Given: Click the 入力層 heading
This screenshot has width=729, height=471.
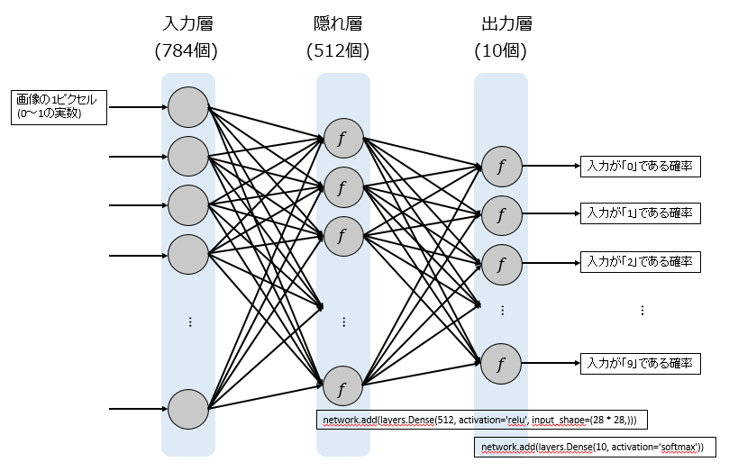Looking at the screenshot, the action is click(x=187, y=23).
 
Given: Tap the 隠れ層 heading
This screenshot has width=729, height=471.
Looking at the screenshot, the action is click(x=338, y=23).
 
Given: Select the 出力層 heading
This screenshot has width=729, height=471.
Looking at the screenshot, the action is click(x=506, y=23).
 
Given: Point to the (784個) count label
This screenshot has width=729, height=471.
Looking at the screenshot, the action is click(x=187, y=50).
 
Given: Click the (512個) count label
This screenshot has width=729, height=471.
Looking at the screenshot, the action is click(x=338, y=50).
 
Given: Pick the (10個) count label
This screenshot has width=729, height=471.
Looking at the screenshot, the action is click(x=501, y=50).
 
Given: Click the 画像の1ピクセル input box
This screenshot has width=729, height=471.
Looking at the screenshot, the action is click(x=59, y=107).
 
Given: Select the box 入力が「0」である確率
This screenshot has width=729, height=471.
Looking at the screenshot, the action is click(x=640, y=167).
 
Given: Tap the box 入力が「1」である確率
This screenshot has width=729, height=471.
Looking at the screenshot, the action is click(x=640, y=213).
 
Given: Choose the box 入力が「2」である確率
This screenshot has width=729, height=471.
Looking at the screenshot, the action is click(x=640, y=262).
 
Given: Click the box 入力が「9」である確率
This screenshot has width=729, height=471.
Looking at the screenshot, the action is click(x=640, y=363).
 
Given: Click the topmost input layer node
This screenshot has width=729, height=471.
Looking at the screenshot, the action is click(x=188, y=107).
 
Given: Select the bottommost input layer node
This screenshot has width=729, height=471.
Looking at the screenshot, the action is click(x=188, y=409).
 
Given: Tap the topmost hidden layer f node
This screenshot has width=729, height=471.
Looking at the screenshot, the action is click(x=343, y=139).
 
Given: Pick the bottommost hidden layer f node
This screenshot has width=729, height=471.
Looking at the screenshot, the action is click(x=342, y=386).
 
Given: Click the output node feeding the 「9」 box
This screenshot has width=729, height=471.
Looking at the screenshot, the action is click(x=501, y=364).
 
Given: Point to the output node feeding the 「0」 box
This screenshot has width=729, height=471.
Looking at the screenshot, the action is click(x=502, y=167).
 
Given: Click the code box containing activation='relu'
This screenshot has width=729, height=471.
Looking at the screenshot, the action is click(x=482, y=420).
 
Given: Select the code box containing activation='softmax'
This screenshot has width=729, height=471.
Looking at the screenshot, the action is click(x=595, y=447).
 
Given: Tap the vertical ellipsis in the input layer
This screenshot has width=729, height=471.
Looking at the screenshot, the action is click(x=190, y=322).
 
